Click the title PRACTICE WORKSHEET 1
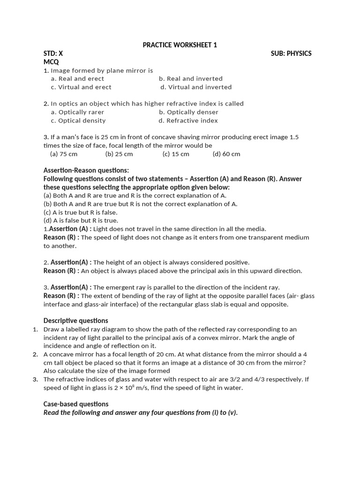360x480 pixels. pos(180,45)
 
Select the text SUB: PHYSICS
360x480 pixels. pos(291,53)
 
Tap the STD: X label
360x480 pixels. pos(53,53)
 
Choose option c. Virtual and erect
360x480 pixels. pos(81,87)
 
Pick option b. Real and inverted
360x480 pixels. pos(190,79)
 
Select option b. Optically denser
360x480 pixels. pos(188,112)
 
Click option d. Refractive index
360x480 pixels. pos(188,120)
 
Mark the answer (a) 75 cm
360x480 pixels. pos(64,154)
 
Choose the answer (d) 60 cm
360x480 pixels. pos(226,154)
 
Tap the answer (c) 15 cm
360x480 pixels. pos(176,154)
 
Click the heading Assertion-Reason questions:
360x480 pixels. pos(86,170)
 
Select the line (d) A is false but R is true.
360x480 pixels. pos(81,220)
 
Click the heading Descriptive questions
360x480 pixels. pos(75,321)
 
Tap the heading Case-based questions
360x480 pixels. pos(75,404)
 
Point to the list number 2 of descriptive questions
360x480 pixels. pos(36,354)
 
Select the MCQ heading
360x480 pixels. pos(51,62)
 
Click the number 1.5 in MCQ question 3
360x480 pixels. pos(293,137)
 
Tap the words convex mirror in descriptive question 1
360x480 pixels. pos(240,338)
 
